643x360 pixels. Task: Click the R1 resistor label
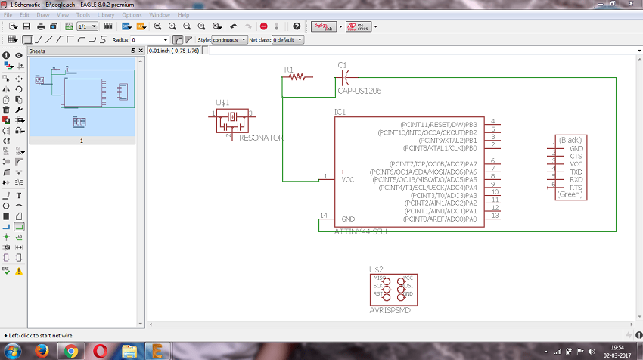288,69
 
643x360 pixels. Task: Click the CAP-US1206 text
359,91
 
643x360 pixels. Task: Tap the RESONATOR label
260,138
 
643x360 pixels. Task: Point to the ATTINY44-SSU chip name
360,231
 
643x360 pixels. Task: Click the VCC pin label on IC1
347,179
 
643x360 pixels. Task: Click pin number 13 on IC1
495,216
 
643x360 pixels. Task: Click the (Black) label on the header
570,141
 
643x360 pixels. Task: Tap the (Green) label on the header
570,194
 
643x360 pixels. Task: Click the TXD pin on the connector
576,172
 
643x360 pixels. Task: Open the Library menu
106,14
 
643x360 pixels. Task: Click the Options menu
132,14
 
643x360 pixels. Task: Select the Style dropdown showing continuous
228,39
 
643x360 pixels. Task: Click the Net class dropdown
286,39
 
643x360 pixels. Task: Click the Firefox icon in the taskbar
42,350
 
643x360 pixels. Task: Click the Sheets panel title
38,51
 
